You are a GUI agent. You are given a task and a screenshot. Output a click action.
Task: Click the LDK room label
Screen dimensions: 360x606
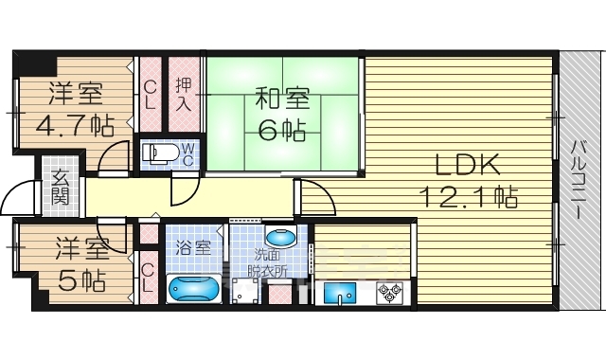(466, 165)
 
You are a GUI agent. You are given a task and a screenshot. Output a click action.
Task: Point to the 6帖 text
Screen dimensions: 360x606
(280, 129)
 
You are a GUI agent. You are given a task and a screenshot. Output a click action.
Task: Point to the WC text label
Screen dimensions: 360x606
(187, 153)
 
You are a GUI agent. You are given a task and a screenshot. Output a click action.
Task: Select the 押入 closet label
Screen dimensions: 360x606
(184, 94)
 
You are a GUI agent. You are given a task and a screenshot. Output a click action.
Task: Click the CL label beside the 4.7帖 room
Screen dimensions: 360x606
(150, 94)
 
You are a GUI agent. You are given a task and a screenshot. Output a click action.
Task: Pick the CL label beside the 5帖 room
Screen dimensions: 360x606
(148, 277)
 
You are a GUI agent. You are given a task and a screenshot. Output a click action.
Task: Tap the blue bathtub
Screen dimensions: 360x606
(193, 288)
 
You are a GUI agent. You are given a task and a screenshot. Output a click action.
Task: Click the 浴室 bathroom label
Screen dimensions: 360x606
(196, 249)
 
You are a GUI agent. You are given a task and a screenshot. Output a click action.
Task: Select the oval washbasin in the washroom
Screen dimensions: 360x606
(280, 237)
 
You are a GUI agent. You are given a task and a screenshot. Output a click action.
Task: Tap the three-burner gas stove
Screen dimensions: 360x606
(388, 294)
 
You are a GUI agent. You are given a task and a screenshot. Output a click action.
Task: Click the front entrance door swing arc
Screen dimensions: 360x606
(17, 195)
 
